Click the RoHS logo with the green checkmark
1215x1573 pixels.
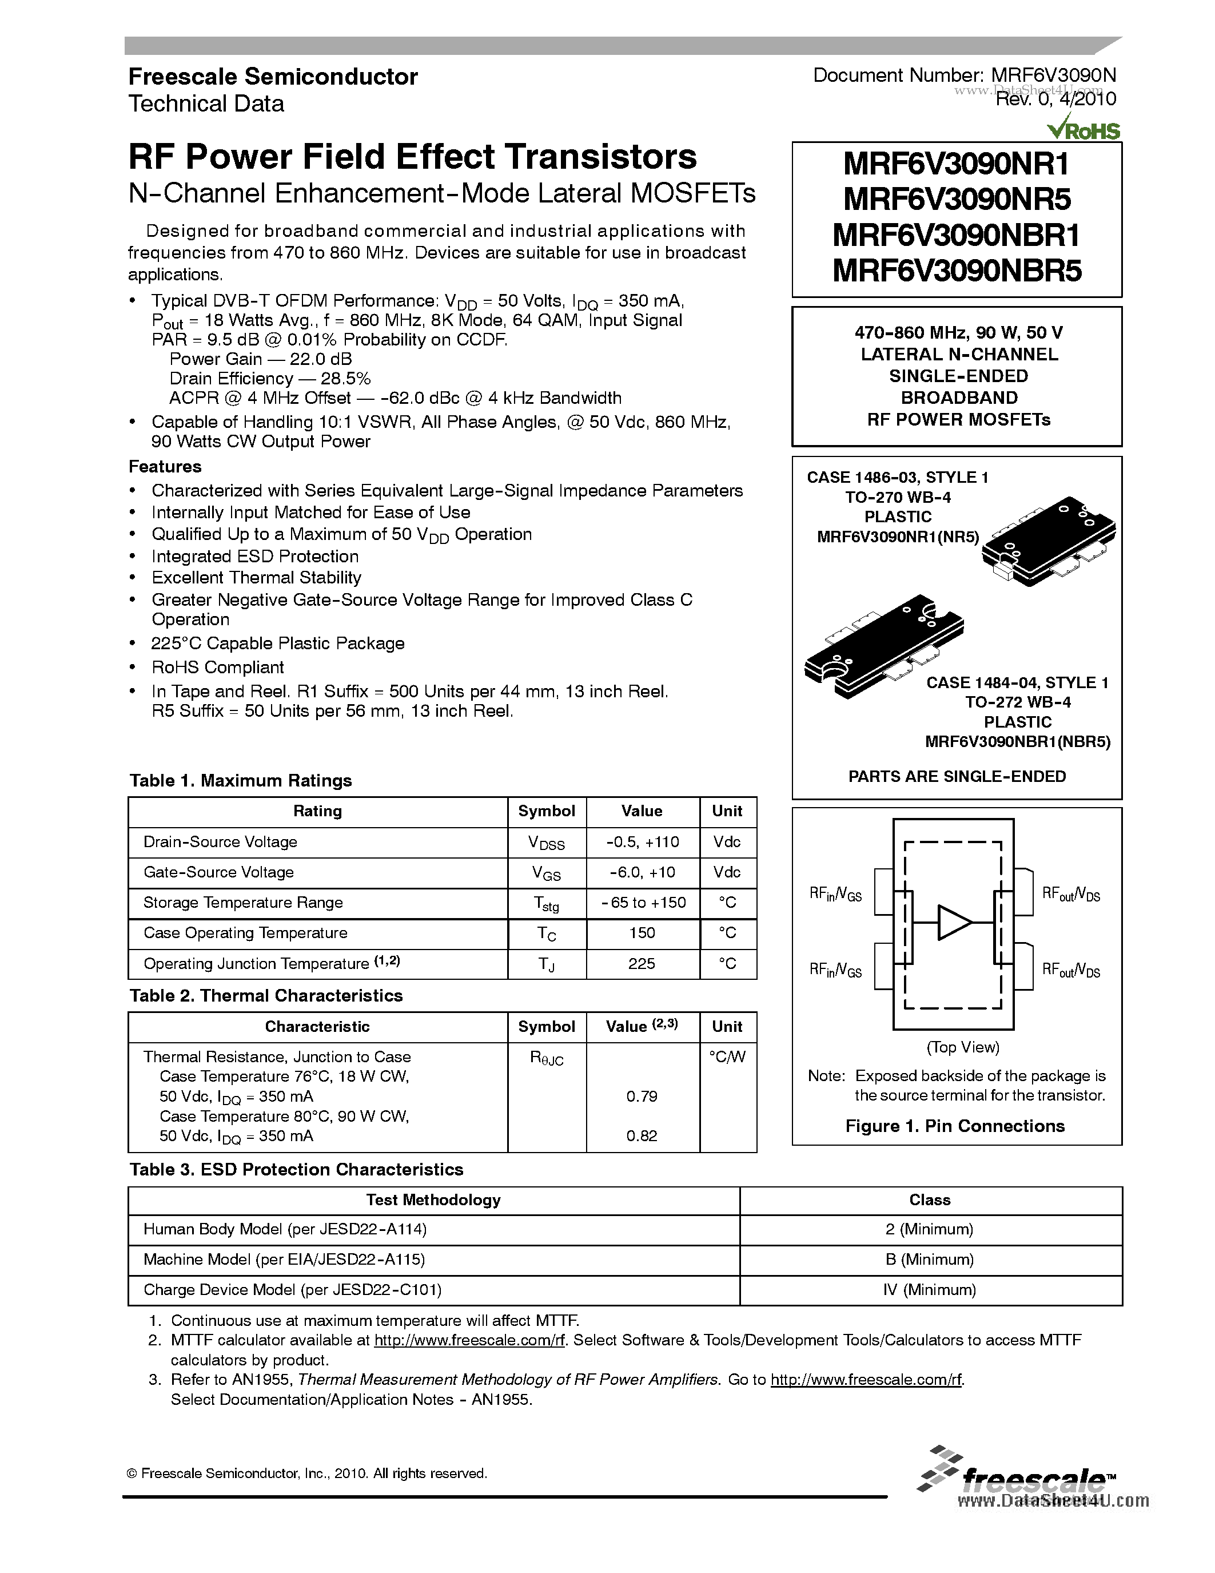pyautogui.click(x=1084, y=130)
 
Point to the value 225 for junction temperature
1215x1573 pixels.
pyautogui.click(x=642, y=964)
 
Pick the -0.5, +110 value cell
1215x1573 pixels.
pyautogui.click(x=642, y=842)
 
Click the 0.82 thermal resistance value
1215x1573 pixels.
pyautogui.click(x=642, y=1136)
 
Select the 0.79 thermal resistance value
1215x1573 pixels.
pyautogui.click(x=642, y=1096)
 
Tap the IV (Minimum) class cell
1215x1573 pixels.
pyautogui.click(x=929, y=1290)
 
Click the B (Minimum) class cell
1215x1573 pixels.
pyautogui.click(x=929, y=1259)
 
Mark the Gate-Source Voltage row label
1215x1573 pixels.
pyautogui.click(x=219, y=872)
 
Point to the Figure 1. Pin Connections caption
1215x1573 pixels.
pyautogui.click(x=954, y=1126)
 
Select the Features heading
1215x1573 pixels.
pyautogui.click(x=165, y=467)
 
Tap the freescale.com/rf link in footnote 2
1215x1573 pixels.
pyautogui.click(x=469, y=1340)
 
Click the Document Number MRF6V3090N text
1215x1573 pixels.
pyautogui.click(x=965, y=75)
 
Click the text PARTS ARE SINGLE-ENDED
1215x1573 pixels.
pyautogui.click(x=957, y=776)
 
